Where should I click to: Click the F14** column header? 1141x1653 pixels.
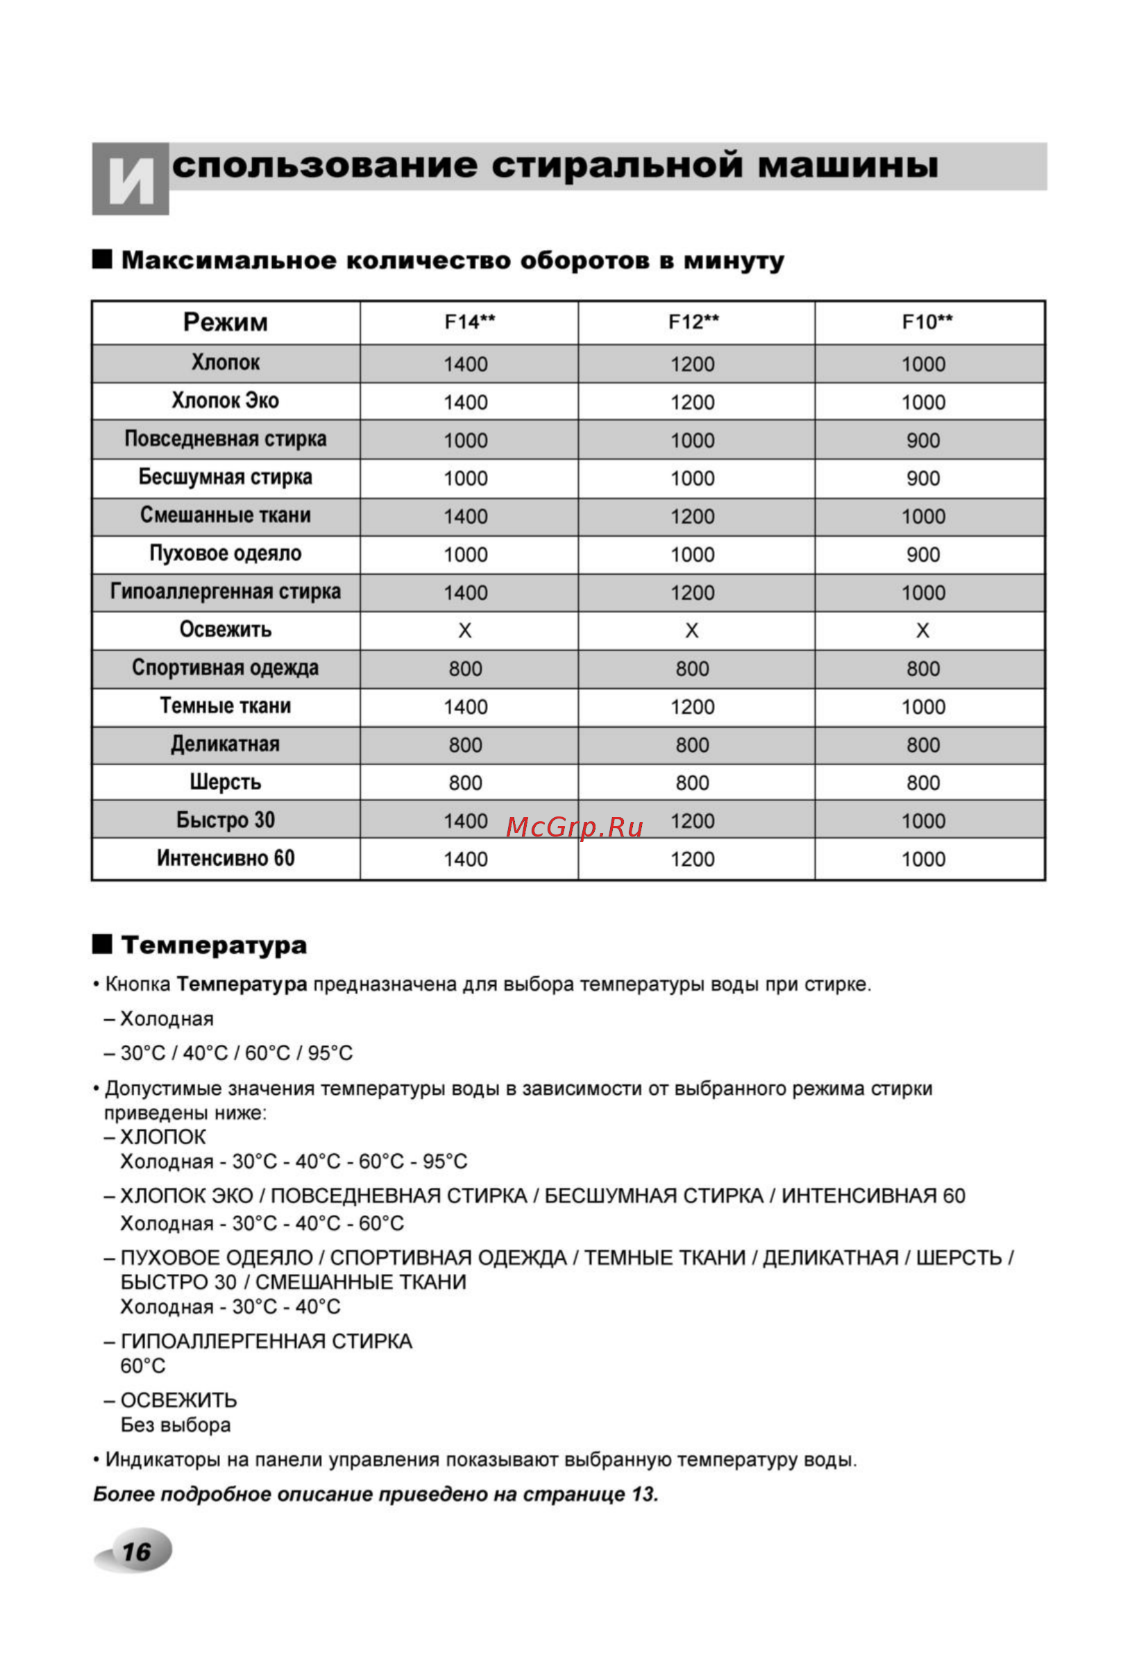tap(469, 322)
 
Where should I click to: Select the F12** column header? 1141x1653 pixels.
tap(693, 322)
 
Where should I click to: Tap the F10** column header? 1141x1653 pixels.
tap(927, 322)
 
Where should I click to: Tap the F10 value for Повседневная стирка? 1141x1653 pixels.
tap(923, 440)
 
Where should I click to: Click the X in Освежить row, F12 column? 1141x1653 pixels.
tap(692, 630)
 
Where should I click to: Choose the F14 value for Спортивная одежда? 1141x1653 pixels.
tap(466, 669)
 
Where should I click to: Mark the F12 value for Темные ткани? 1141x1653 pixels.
tap(692, 707)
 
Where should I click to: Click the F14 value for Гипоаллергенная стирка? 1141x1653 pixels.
tap(466, 593)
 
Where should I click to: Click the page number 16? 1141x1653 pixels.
tap(136, 1552)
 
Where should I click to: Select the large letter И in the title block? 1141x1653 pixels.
tap(131, 181)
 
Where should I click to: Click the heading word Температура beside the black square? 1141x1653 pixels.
tap(214, 945)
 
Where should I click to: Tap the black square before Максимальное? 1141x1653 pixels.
tap(102, 259)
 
